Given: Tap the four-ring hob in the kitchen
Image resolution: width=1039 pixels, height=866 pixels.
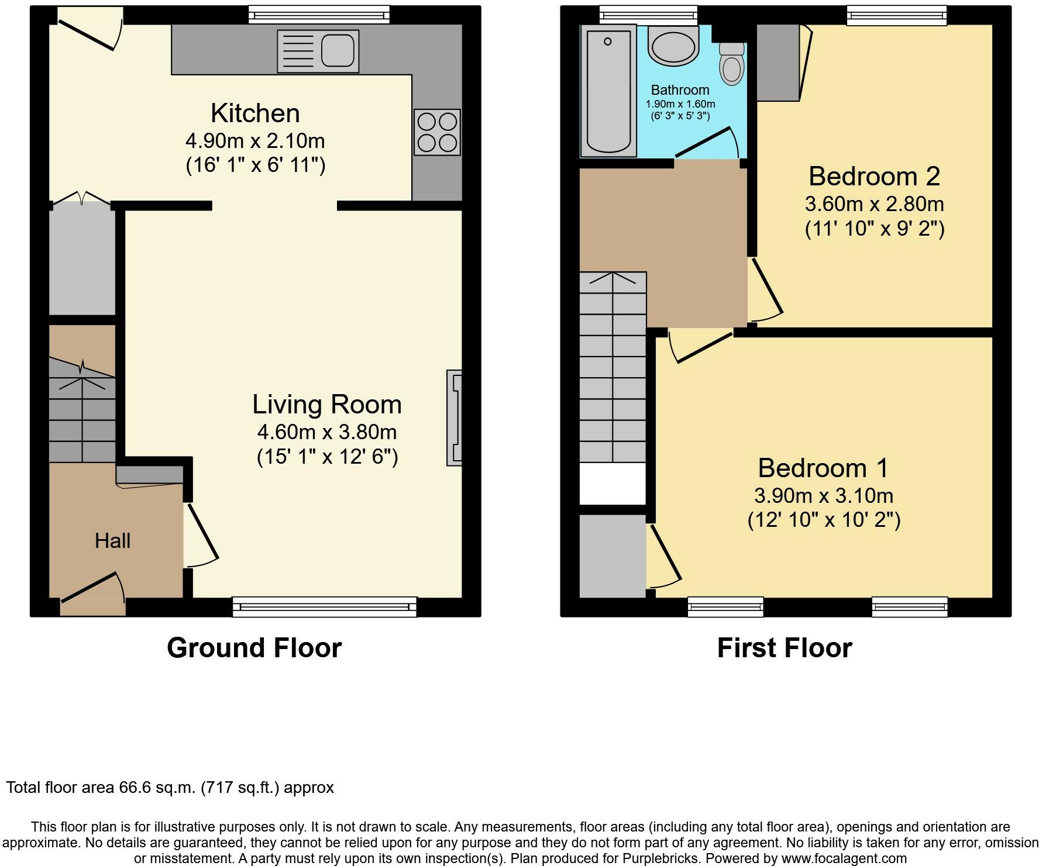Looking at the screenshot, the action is pyautogui.click(x=437, y=132).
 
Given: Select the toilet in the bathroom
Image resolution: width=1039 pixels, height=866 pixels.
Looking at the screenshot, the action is pyautogui.click(x=731, y=63).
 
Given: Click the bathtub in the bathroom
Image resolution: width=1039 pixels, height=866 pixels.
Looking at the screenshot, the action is pyautogui.click(x=608, y=91).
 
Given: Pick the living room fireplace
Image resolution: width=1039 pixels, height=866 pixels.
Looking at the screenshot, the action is pyautogui.click(x=455, y=418).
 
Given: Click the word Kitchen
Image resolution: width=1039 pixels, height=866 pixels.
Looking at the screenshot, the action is pyautogui.click(x=255, y=113).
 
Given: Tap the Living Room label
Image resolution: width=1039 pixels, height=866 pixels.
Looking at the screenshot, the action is pyautogui.click(x=327, y=405).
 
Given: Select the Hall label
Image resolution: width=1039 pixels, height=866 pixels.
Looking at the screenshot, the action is pyautogui.click(x=112, y=541).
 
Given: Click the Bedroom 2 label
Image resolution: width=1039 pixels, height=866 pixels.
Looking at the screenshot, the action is pyautogui.click(x=874, y=176).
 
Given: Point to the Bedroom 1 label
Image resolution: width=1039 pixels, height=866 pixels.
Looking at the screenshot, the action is pyautogui.click(x=823, y=468).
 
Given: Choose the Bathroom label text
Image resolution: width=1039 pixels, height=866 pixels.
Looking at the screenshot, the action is pyautogui.click(x=680, y=90).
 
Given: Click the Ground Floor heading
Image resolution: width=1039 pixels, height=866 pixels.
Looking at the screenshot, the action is pyautogui.click(x=254, y=648).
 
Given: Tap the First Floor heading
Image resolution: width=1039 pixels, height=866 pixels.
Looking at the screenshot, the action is pyautogui.click(x=785, y=648).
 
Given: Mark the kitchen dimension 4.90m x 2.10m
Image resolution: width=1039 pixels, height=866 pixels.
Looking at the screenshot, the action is pyautogui.click(x=255, y=141).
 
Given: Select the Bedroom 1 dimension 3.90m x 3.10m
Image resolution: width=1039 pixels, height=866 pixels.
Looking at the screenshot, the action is pyautogui.click(x=824, y=496).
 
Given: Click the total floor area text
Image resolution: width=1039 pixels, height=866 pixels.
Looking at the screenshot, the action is pyautogui.click(x=170, y=788).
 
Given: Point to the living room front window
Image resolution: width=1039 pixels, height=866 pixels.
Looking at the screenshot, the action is pyautogui.click(x=325, y=607).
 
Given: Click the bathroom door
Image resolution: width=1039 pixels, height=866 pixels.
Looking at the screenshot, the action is pyautogui.click(x=707, y=142).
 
